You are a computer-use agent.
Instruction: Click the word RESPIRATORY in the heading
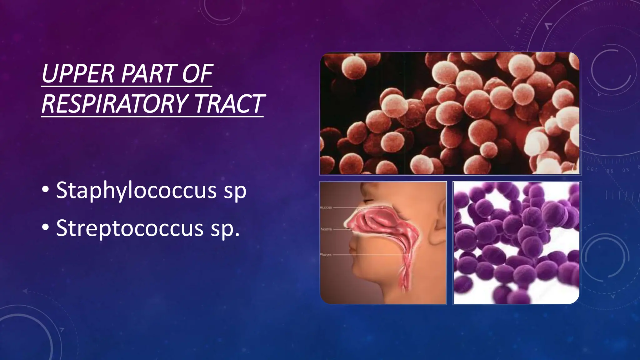click(x=115, y=104)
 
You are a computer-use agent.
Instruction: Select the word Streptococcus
click(x=130, y=228)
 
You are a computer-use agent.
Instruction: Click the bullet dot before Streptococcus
click(x=46, y=227)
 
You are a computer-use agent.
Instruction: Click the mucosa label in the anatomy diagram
click(x=326, y=207)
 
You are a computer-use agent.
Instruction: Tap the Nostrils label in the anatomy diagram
click(x=326, y=229)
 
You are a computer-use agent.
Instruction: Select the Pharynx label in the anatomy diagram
click(x=326, y=255)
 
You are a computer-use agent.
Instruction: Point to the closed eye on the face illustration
click(x=369, y=200)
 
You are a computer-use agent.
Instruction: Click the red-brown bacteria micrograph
click(x=449, y=113)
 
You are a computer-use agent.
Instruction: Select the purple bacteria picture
click(x=516, y=243)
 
